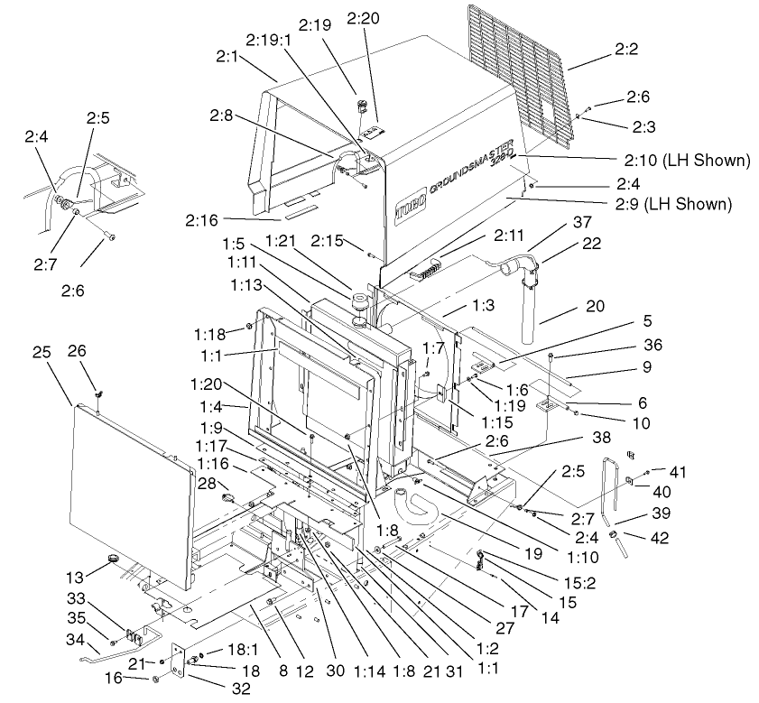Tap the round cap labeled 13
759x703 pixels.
click(114, 560)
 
